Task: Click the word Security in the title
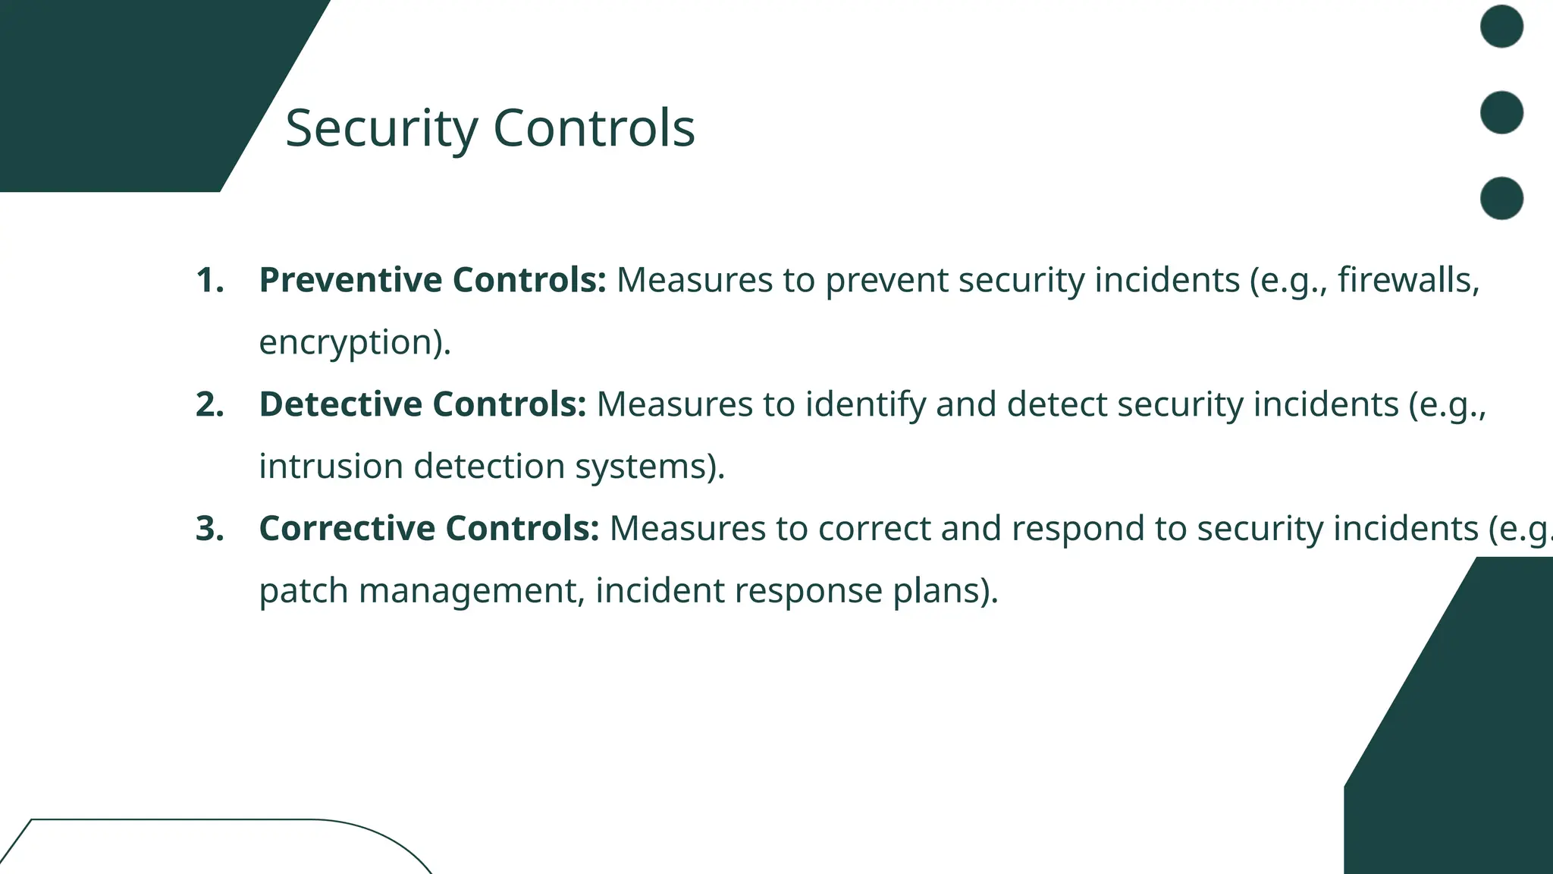point(381,128)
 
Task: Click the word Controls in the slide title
point(594,128)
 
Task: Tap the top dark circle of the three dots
point(1501,27)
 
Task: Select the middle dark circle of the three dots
point(1501,112)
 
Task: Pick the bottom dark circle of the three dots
point(1501,198)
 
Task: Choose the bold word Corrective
point(347,528)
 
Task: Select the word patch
point(303,590)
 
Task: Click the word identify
point(865,404)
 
